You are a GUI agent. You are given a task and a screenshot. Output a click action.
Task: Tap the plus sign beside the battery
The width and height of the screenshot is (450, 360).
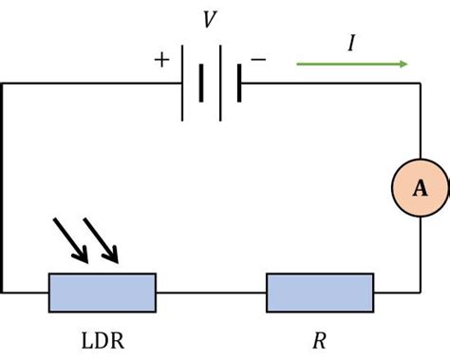point(161,60)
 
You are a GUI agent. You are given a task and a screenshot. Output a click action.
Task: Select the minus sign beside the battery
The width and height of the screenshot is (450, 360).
point(258,60)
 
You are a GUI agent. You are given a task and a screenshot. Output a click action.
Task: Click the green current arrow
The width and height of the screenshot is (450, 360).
point(352,65)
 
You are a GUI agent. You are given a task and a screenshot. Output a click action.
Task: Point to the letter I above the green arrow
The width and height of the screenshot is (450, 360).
point(351,43)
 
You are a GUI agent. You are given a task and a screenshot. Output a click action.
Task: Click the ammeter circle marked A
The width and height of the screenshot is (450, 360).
point(420,189)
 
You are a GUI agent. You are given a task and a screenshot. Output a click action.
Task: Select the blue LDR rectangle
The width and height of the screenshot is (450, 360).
point(102,293)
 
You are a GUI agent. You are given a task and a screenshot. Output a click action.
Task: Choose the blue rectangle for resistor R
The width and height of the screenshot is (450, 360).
point(320,293)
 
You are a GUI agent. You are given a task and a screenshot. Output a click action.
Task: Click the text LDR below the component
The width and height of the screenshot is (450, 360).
point(102,338)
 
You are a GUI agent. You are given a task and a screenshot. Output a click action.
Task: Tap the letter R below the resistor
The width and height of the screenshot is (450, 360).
point(319,338)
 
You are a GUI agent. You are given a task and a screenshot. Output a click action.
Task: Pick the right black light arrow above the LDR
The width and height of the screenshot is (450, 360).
point(102,240)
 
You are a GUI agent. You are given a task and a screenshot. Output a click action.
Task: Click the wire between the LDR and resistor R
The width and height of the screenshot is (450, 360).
point(211,293)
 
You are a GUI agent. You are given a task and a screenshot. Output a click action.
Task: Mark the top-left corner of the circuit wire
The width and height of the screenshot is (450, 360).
point(2,84)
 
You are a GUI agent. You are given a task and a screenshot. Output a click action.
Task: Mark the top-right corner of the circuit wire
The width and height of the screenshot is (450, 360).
point(420,84)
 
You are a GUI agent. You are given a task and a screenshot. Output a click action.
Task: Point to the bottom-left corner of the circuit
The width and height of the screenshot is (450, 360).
point(2,293)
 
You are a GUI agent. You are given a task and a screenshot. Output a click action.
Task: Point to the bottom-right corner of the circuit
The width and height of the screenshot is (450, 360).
point(420,293)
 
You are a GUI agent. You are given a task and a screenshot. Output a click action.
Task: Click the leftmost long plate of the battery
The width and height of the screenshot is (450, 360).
point(182,84)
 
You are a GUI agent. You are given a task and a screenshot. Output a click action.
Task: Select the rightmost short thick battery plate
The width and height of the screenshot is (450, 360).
point(239,84)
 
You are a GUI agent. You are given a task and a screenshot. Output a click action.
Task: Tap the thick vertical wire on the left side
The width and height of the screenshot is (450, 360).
point(2,190)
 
